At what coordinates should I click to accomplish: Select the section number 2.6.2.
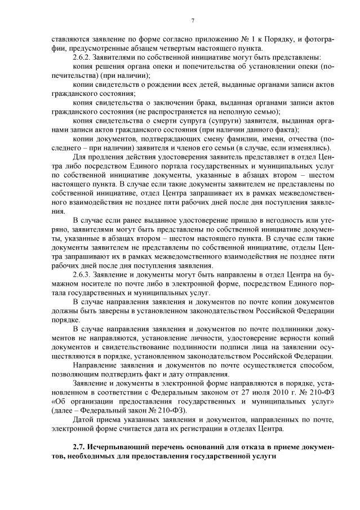[x=83, y=57]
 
